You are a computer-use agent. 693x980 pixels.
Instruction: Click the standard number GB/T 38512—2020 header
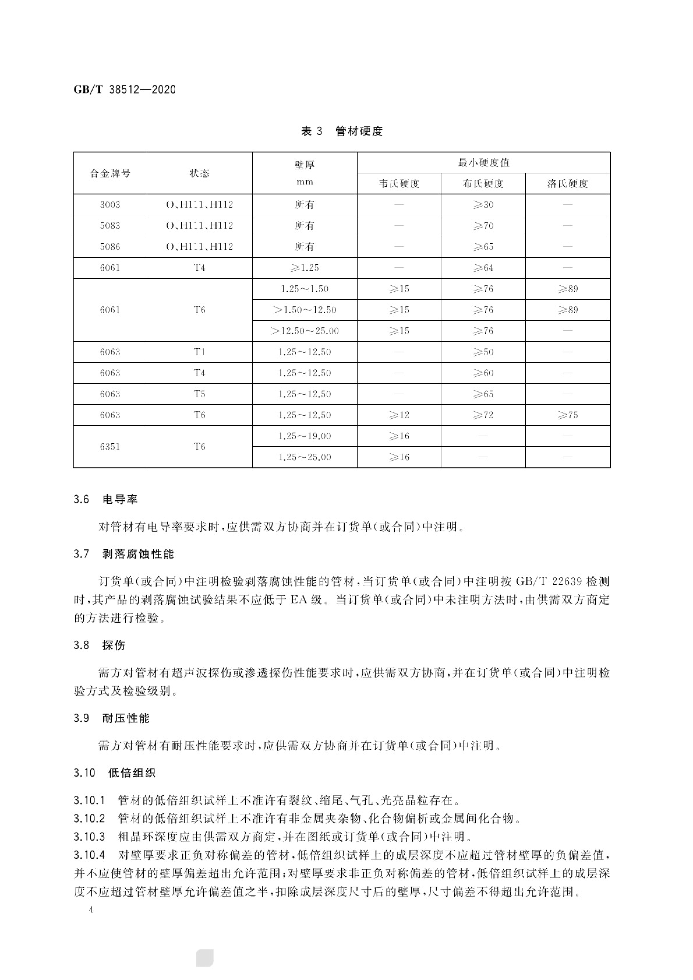coord(125,89)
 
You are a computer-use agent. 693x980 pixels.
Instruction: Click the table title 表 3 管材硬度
coord(342,131)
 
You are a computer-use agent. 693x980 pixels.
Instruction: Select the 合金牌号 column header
coord(110,173)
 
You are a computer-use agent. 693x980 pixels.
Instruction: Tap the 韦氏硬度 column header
coord(399,184)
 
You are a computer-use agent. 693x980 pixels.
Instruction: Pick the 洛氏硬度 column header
coord(567,184)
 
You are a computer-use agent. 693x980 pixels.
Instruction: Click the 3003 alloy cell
coord(110,205)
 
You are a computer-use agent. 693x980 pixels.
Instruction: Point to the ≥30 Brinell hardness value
coord(483,205)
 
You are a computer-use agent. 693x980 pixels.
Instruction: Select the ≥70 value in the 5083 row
coord(483,226)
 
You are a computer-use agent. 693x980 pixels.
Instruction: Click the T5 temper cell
coord(199,394)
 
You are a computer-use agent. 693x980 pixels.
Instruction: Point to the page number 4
coord(91,910)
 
